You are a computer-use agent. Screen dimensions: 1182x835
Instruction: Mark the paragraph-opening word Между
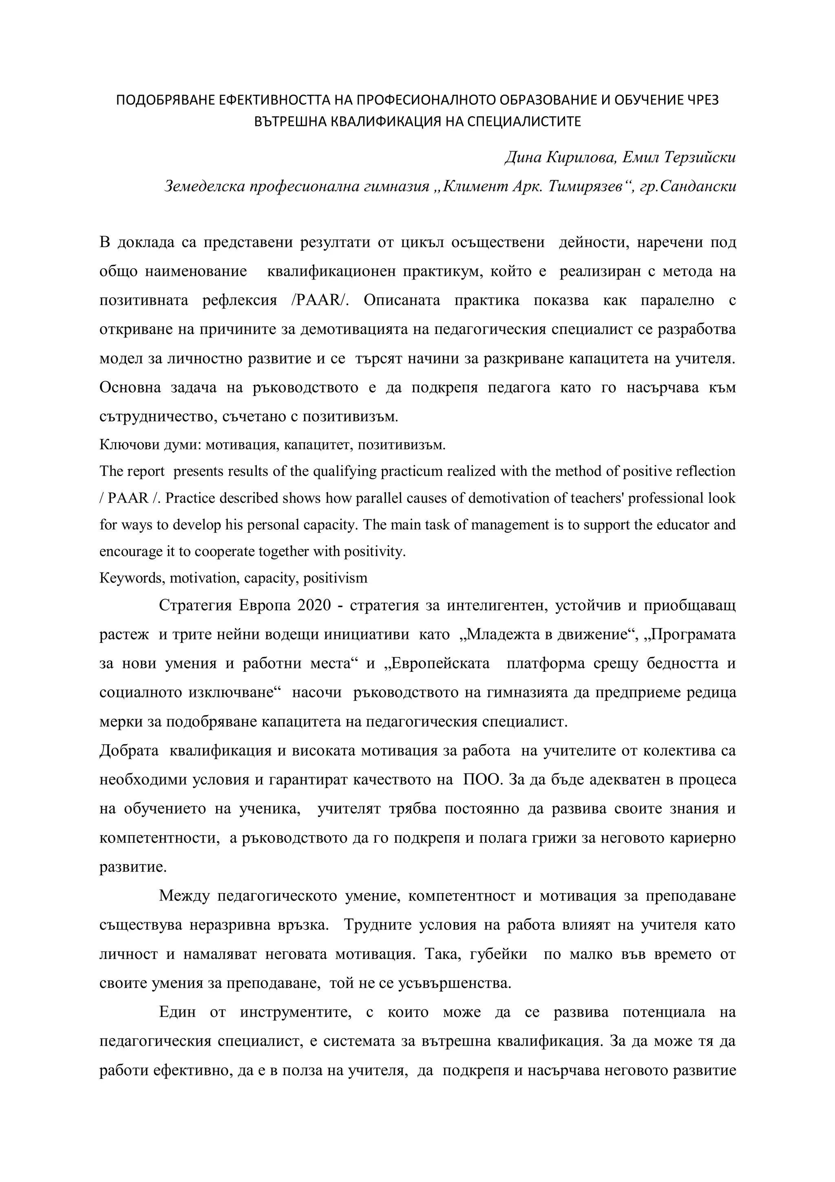click(x=185, y=896)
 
